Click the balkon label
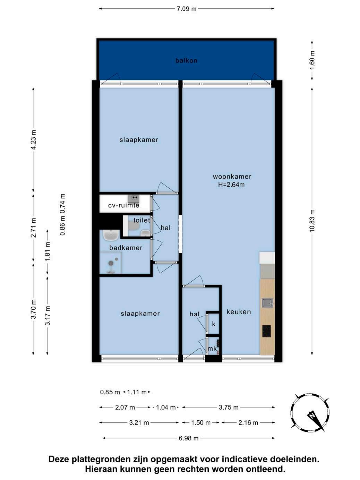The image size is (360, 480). coord(186,61)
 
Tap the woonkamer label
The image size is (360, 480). coord(232,177)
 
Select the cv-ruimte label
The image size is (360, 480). coord(124,205)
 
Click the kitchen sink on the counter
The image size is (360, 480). coord(267,303)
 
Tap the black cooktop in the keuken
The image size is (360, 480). coord(266,331)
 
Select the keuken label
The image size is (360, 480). coord(239,312)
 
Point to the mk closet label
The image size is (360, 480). coord(212,349)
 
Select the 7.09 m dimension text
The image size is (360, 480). coord(186,9)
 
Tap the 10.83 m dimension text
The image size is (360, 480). coord(312,221)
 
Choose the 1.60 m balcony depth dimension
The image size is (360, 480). coord(312,60)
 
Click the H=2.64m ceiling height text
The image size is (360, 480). coord(231,185)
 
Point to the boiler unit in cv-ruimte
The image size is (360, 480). coord(134,199)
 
